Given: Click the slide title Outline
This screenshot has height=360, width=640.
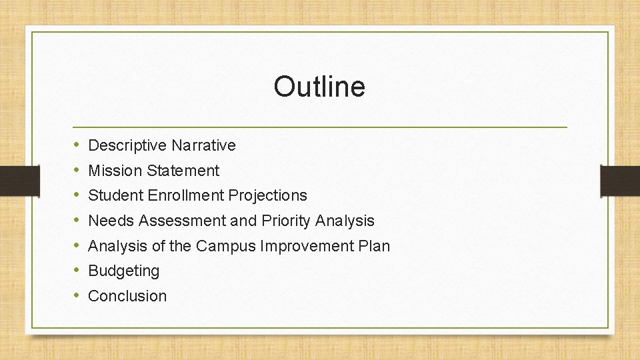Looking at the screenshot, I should (x=319, y=87).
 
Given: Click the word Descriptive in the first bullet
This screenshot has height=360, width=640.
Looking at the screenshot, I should (x=127, y=145).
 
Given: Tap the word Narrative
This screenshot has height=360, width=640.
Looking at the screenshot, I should (x=203, y=145).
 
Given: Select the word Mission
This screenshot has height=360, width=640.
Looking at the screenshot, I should (x=115, y=171).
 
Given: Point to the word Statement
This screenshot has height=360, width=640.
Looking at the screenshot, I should (x=183, y=171).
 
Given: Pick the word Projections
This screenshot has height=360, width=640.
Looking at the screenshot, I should (x=267, y=195).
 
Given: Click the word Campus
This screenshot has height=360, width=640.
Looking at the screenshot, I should (x=225, y=246).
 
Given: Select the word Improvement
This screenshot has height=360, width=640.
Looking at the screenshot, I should (x=307, y=246).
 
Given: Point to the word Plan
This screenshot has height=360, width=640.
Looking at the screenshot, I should (x=374, y=246).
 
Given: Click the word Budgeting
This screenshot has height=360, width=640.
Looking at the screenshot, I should (x=124, y=271).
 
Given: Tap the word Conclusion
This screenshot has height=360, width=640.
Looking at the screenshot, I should (x=127, y=296).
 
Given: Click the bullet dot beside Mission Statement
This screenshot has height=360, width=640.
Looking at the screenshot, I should (x=77, y=171).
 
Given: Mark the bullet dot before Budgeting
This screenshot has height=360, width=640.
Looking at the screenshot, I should (x=77, y=271).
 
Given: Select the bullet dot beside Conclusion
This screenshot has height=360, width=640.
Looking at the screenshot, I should (x=77, y=296).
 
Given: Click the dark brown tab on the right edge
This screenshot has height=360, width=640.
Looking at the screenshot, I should (x=620, y=181).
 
